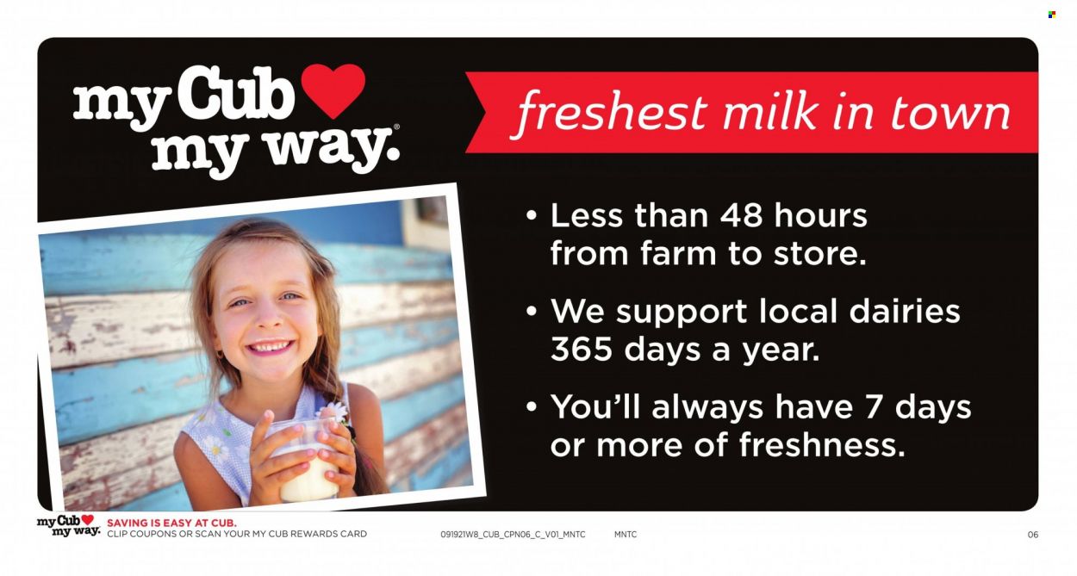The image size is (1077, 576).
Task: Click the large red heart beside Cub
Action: (x=333, y=90)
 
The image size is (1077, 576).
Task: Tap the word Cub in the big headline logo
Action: (x=235, y=94)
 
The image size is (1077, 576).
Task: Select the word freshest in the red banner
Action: (x=611, y=114)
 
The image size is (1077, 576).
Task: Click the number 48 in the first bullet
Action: (x=741, y=216)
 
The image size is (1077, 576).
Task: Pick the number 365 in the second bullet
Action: (x=582, y=350)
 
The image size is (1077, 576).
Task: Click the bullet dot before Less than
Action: (x=532, y=216)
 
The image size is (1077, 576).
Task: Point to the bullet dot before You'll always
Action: (x=532, y=407)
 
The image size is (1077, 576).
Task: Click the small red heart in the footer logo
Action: (x=88, y=520)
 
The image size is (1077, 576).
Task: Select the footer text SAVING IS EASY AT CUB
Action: (x=171, y=523)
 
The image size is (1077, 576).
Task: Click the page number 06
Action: (x=1033, y=534)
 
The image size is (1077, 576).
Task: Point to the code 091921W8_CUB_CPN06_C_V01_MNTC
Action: (x=513, y=534)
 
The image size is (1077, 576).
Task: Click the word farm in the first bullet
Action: (x=678, y=254)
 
